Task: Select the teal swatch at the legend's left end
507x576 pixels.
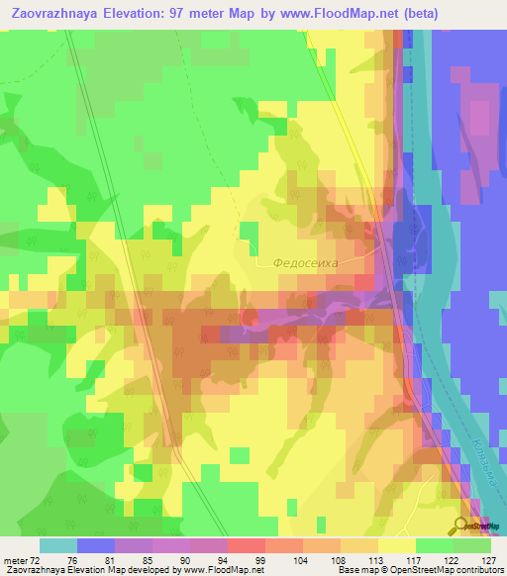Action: (x=57, y=545)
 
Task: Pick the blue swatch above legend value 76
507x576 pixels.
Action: (x=95, y=545)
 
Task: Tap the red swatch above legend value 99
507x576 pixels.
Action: (x=246, y=545)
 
